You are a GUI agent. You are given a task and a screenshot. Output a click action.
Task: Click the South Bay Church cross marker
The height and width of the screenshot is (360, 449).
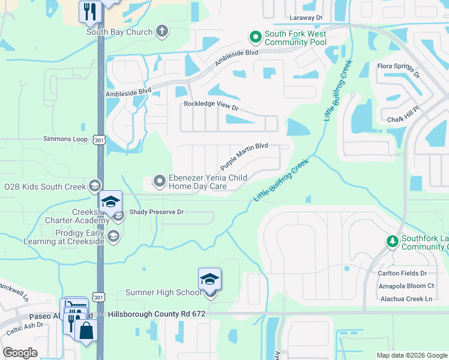click(x=161, y=32)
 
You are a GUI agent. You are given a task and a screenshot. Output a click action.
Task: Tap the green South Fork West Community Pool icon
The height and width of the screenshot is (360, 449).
click(x=255, y=38)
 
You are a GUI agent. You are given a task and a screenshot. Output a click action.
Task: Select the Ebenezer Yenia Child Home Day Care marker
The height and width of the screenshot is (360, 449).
click(x=160, y=180)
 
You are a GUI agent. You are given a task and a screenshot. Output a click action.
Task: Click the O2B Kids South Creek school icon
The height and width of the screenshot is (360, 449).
click(x=94, y=186)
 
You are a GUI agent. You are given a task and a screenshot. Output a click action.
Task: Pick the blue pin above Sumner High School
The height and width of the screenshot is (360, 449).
click(x=209, y=280)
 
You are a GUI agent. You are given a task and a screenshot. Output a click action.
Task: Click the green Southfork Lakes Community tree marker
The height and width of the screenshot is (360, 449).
click(x=392, y=241)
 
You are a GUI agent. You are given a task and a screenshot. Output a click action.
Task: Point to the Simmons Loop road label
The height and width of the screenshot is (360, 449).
click(x=65, y=139)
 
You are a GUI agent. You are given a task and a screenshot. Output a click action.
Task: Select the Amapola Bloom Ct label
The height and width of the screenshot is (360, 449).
click(x=406, y=286)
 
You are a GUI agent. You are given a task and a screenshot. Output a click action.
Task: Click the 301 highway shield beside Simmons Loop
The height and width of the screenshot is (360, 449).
click(x=98, y=140)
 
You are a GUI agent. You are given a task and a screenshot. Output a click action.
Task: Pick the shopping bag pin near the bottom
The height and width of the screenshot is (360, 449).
click(x=86, y=331)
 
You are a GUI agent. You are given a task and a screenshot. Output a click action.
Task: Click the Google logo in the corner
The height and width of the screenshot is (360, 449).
click(x=20, y=353)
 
